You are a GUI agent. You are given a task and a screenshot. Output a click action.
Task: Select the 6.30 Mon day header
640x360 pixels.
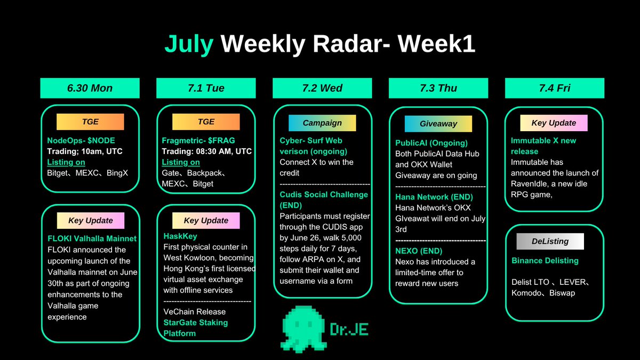pyautogui.click(x=90, y=88)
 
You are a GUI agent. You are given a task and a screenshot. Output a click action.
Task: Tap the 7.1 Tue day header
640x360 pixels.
pyautogui.click(x=206, y=88)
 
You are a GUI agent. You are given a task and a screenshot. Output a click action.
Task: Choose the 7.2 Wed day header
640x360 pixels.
pyautogui.click(x=322, y=88)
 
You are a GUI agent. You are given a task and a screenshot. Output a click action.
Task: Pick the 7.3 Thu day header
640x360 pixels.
pyautogui.click(x=438, y=88)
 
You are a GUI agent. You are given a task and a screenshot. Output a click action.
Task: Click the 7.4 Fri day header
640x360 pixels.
pyautogui.click(x=555, y=88)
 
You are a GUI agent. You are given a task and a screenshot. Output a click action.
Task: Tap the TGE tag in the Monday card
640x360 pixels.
pyautogui.click(x=90, y=122)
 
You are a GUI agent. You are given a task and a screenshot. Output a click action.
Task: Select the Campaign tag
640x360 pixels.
pyautogui.click(x=322, y=123)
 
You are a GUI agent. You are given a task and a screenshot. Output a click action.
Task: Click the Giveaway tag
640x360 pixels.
pyautogui.click(x=438, y=124)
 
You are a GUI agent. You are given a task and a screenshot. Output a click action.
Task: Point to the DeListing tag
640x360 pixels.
pyautogui.click(x=550, y=242)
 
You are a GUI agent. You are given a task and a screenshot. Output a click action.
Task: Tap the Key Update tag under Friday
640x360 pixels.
pyautogui.click(x=554, y=123)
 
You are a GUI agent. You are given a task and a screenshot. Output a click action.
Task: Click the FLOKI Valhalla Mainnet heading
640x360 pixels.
pyautogui.click(x=92, y=238)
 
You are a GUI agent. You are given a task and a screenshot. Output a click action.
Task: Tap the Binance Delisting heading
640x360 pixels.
pyautogui.click(x=545, y=261)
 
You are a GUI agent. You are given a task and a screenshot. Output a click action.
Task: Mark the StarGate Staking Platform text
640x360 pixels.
pyautogui.click(x=195, y=328)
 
